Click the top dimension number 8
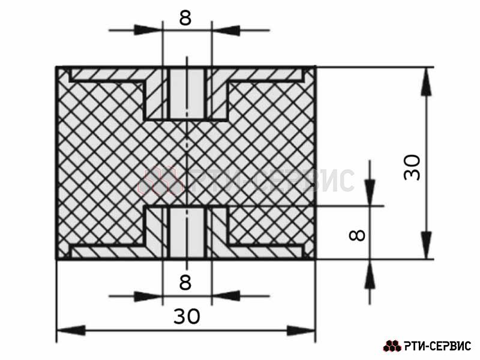click(x=185, y=17)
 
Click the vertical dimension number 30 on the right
click(x=412, y=167)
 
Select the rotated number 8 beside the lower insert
click(x=357, y=235)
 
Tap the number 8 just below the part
click(x=185, y=282)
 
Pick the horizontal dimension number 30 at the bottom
click(x=187, y=316)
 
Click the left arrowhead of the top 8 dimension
click(x=148, y=30)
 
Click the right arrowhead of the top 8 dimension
click(x=226, y=30)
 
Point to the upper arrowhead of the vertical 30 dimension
click(x=427, y=82)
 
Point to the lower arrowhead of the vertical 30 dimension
click(x=427, y=245)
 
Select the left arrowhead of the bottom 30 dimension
click(x=71, y=331)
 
